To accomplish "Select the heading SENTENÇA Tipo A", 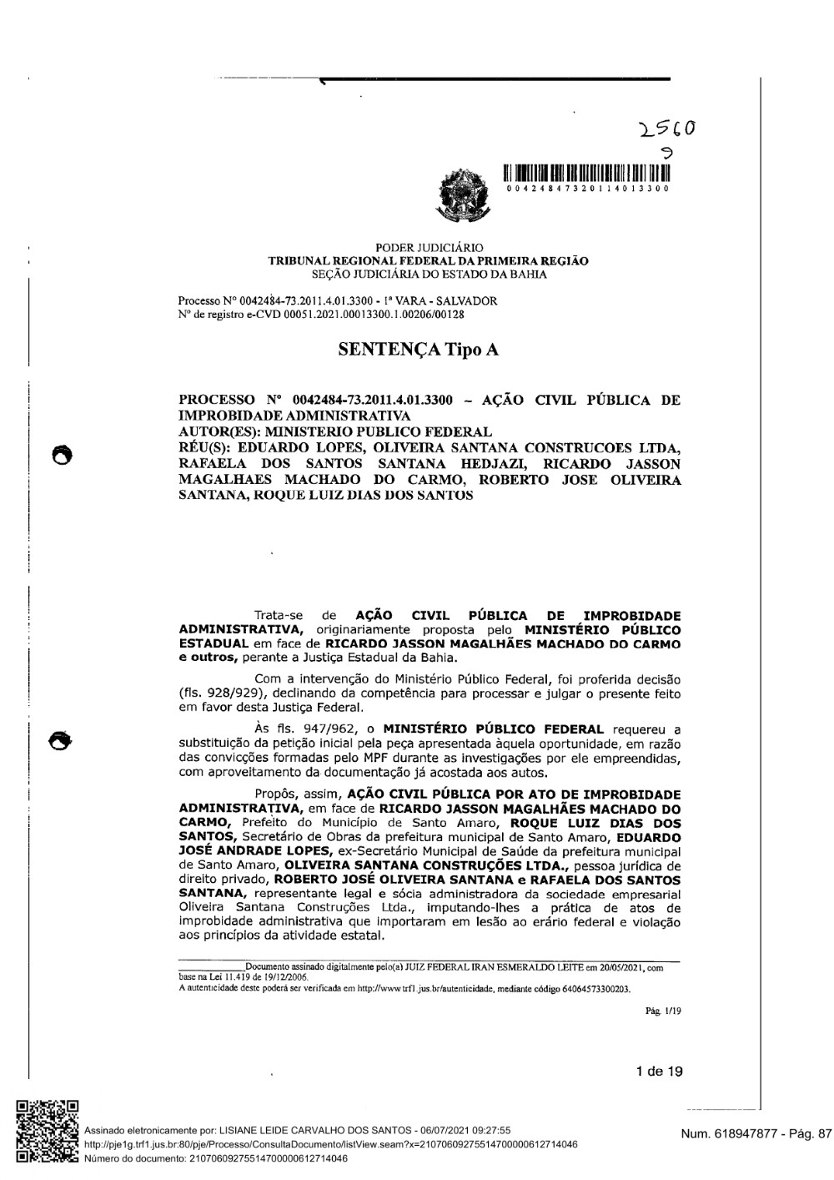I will click(x=418, y=349).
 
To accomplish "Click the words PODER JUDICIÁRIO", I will click(x=429, y=248).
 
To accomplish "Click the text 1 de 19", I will click(x=659, y=1072).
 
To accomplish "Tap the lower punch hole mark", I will click(x=61, y=739).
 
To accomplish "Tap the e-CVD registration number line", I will click(x=321, y=315).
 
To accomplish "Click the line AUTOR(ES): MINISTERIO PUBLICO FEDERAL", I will click(x=335, y=431).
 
